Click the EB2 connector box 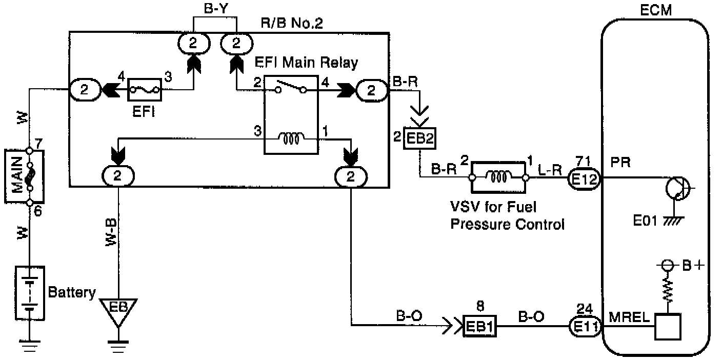[419, 138]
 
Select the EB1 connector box [479, 326]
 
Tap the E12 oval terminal [584, 179]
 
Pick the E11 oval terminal [585, 327]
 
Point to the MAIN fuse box [25, 176]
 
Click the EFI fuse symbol [145, 90]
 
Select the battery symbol [30, 293]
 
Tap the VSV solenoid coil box [498, 177]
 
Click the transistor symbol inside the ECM [678, 189]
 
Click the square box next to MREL [668, 327]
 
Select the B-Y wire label [216, 8]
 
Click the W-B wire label [111, 232]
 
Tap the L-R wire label [550, 170]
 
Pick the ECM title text [656, 10]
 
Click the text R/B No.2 [292, 23]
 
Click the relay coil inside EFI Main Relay [292, 138]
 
